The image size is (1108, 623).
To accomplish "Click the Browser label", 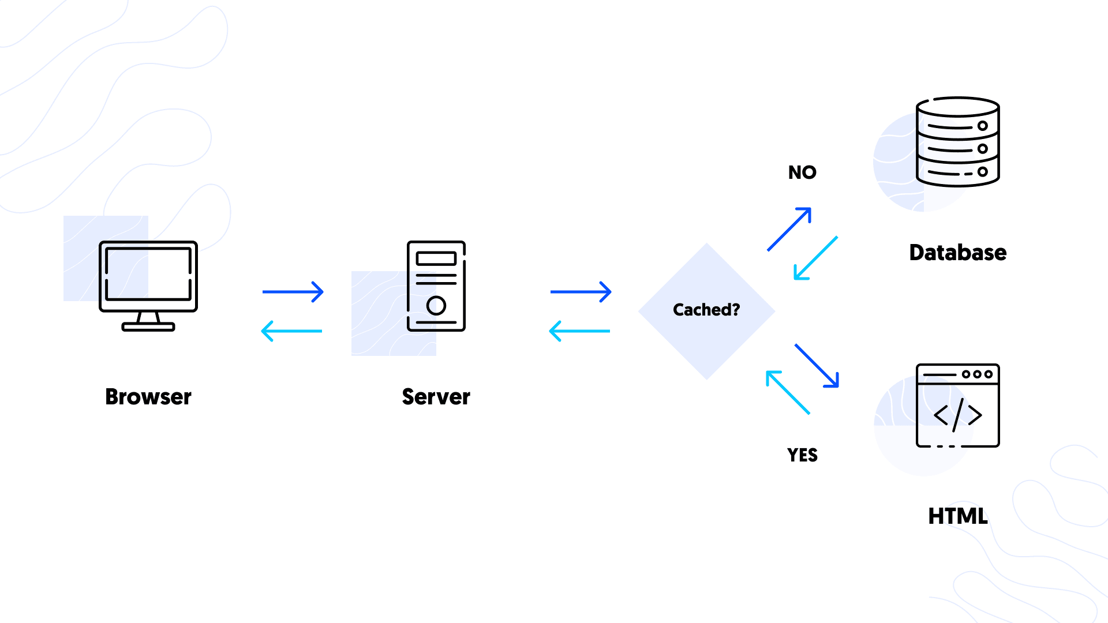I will coord(148,397).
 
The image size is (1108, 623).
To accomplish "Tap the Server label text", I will coord(436,397).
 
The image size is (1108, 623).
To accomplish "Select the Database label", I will coord(957,253).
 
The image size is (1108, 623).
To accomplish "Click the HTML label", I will coord(957,516).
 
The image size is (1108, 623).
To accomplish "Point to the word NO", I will coord(802,172).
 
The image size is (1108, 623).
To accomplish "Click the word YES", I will coord(802,455).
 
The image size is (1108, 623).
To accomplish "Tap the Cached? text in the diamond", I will coord(706,310).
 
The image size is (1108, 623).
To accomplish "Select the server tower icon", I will coord(436,286).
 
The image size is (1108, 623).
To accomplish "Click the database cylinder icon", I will coord(957,142).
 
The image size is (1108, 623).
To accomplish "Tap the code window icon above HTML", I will coord(957,405).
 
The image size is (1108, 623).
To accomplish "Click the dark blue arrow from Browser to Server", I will coord(293,292).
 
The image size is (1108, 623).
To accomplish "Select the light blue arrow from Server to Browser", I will coord(291,331).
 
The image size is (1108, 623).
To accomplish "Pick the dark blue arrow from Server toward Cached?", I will coord(581,292).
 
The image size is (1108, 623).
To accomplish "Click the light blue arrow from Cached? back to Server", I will coord(579,331).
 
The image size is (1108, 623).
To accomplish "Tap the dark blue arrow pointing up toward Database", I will coord(789,229).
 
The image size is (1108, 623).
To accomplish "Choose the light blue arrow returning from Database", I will coord(815,258).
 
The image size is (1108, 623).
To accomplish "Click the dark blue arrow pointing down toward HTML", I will coord(817,366).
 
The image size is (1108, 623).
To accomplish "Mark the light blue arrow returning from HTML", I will coord(788,392).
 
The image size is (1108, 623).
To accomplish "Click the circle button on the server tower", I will coord(436,305).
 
